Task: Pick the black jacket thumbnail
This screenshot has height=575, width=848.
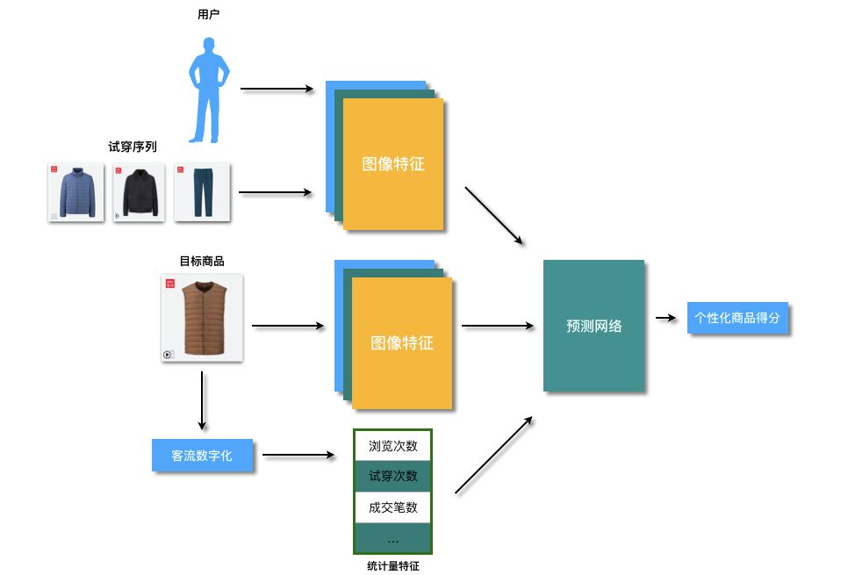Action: [139, 192]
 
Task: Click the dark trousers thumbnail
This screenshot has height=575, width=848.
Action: [202, 192]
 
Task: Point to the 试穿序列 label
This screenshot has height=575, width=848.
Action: [133, 147]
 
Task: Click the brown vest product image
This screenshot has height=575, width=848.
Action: [202, 318]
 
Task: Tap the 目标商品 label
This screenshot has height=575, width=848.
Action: [202, 261]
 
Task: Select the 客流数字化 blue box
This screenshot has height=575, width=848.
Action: [202, 456]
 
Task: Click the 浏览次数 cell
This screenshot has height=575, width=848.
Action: [393, 446]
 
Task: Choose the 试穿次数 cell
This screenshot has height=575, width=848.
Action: [393, 476]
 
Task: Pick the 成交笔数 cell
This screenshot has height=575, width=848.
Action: [393, 507]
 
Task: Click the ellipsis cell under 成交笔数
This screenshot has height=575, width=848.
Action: [393, 537]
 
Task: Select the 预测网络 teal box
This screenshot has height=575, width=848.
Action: [594, 326]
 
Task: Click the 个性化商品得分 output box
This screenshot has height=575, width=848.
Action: [737, 318]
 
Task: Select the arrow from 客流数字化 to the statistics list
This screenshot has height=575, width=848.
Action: [299, 456]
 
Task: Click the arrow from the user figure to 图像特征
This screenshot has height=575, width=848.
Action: [277, 89]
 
